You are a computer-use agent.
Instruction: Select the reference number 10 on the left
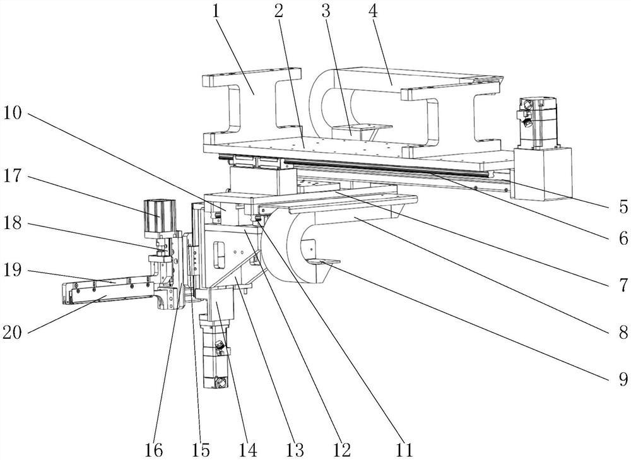[12, 114]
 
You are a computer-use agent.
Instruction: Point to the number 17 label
[12, 176]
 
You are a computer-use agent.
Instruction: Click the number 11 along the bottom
[404, 449]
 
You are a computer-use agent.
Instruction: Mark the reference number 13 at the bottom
[295, 449]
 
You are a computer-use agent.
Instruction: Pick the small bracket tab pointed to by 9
[324, 262]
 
